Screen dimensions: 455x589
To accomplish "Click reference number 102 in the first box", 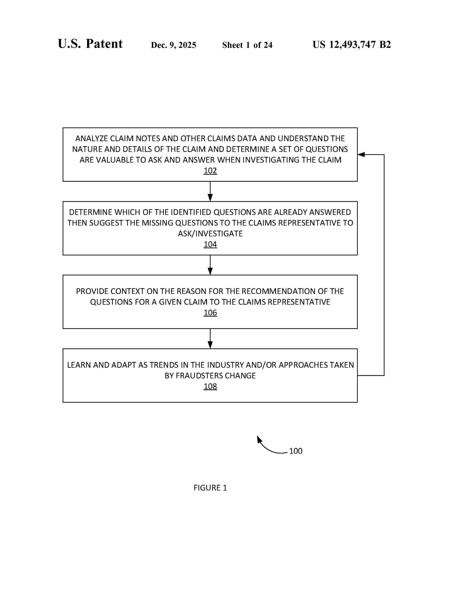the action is point(210,171).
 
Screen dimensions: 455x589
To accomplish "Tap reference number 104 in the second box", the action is point(210,244).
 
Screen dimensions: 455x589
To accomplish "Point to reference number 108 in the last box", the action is point(210,386).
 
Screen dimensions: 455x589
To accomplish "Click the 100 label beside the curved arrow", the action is point(296,451).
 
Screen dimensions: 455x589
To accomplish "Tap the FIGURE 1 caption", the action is point(210,488).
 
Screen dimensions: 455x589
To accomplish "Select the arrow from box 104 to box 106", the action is point(210,265).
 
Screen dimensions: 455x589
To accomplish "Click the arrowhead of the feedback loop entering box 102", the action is point(361,155).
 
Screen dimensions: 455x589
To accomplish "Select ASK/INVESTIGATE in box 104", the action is point(210,234).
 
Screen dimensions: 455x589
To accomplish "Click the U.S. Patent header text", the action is point(90,44).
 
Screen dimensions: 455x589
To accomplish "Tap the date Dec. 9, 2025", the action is point(174,45).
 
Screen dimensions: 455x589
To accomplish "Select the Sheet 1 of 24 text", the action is point(247,45).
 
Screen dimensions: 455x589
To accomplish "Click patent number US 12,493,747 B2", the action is point(352,44).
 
